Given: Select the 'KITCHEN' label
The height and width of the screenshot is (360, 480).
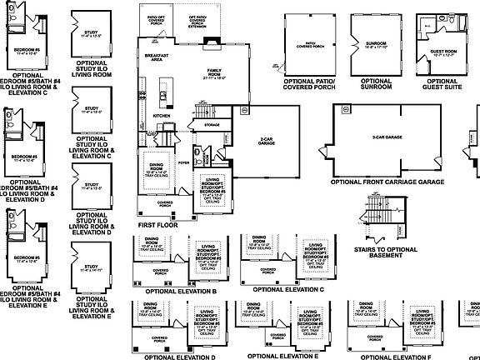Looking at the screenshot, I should coord(150,116).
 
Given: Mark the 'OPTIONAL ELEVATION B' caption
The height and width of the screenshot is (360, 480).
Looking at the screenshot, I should coord(180,292).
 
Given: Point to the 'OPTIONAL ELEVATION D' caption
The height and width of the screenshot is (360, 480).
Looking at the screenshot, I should coord(180,356).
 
